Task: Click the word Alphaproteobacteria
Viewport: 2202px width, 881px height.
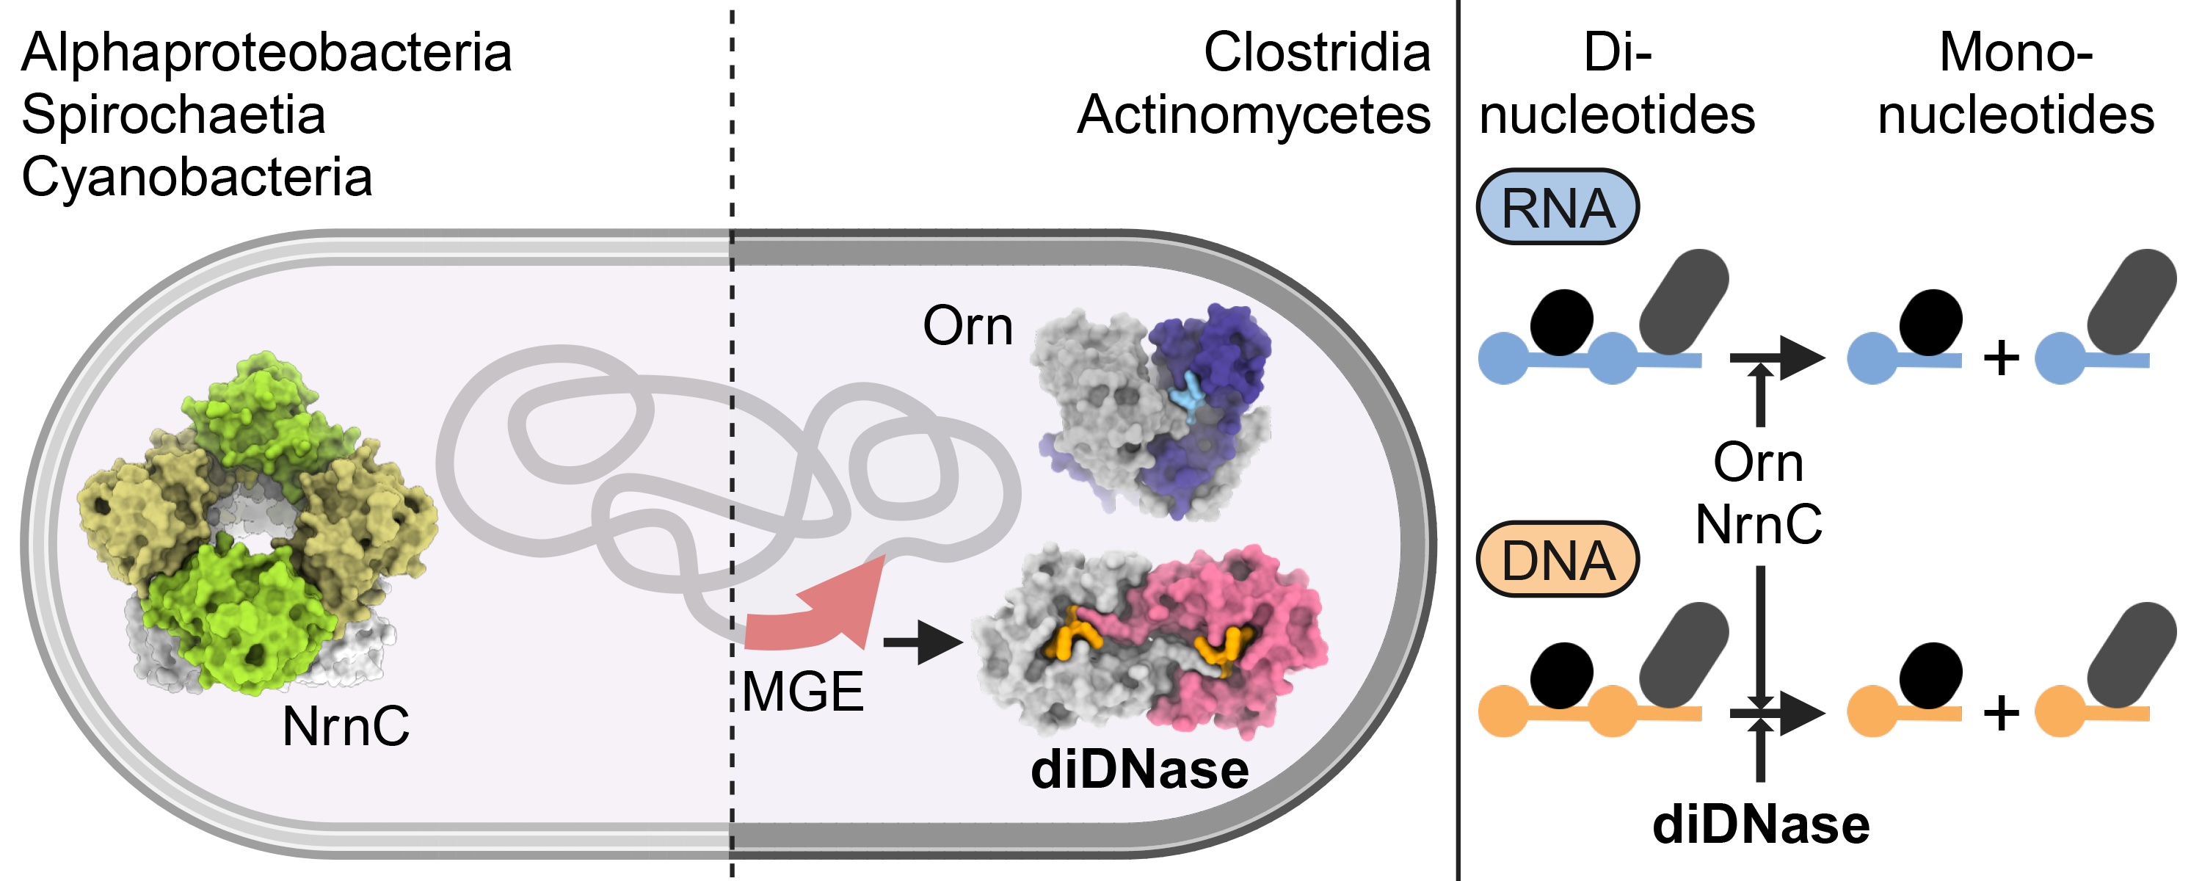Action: pos(266,53)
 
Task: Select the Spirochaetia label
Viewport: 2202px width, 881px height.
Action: pos(173,115)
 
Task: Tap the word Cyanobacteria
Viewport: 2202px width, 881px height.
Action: pos(197,178)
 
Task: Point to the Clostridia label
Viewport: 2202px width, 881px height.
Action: pos(1316,53)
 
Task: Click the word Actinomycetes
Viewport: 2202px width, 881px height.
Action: pos(1253,115)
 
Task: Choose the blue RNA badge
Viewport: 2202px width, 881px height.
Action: pos(1557,208)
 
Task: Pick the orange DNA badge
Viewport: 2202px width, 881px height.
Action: pos(1557,560)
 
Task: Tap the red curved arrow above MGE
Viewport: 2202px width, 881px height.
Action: pos(821,610)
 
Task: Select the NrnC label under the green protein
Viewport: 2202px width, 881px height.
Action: pos(345,727)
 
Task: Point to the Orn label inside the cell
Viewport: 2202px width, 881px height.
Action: pos(967,327)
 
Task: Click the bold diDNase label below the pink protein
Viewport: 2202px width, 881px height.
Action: pos(1139,770)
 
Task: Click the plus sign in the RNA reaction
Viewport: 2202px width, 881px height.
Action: pos(2001,358)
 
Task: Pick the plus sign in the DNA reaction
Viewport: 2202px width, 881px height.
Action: pos(2001,711)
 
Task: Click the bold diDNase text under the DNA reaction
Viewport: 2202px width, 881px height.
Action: pos(1761,825)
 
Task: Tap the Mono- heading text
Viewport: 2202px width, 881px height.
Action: pos(2016,53)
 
